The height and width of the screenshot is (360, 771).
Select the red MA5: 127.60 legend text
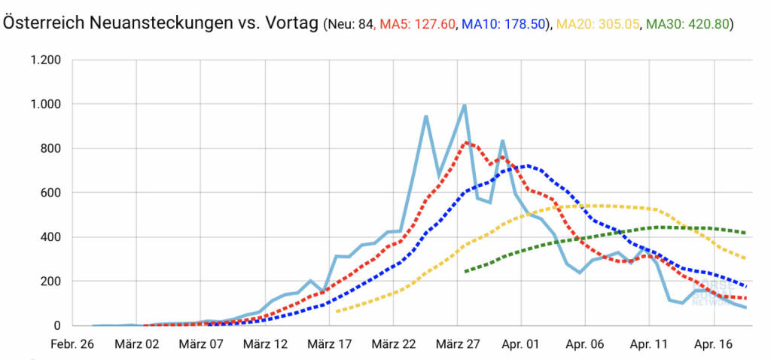tap(417, 24)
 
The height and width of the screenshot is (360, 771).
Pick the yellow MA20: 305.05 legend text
tap(596, 24)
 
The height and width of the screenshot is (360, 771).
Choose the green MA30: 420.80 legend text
tap(688, 24)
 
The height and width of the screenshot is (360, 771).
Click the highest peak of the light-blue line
tap(465, 105)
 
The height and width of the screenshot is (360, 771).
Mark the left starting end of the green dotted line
tap(465, 271)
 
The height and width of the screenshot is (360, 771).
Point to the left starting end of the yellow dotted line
tap(337, 310)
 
